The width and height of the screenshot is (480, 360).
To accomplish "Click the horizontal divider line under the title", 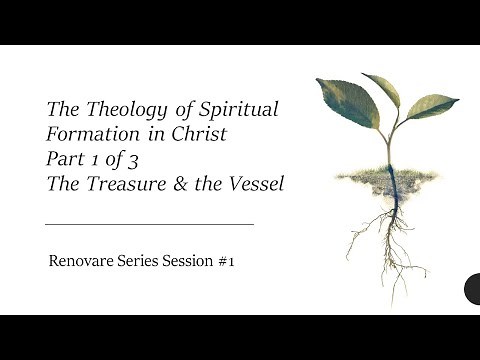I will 149,225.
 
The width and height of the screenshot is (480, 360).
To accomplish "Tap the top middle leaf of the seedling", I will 382,89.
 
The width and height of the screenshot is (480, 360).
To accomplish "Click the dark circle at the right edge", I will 474,289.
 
